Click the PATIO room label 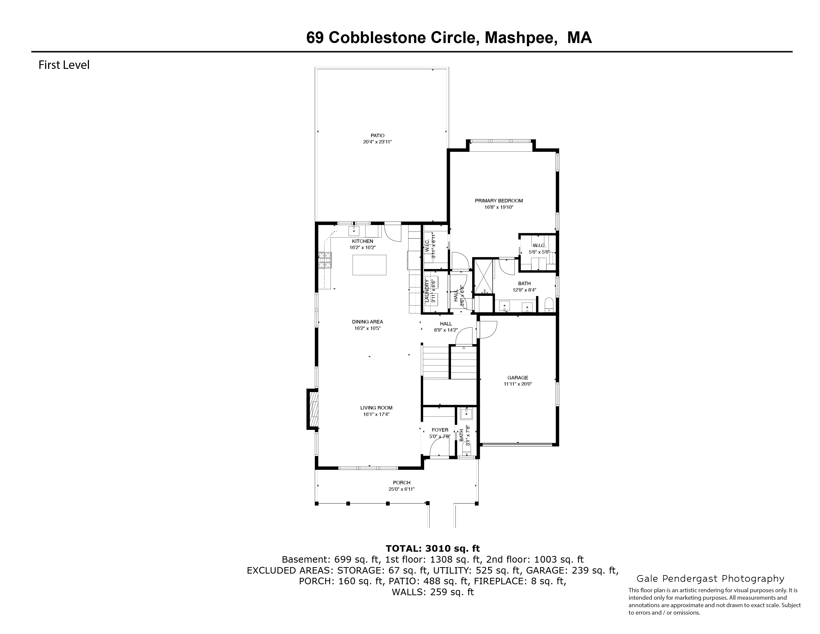[377, 136]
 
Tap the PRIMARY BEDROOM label [499, 201]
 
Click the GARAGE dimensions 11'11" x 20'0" [518, 384]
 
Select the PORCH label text [401, 483]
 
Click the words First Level [64, 65]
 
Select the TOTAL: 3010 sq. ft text [433, 549]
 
